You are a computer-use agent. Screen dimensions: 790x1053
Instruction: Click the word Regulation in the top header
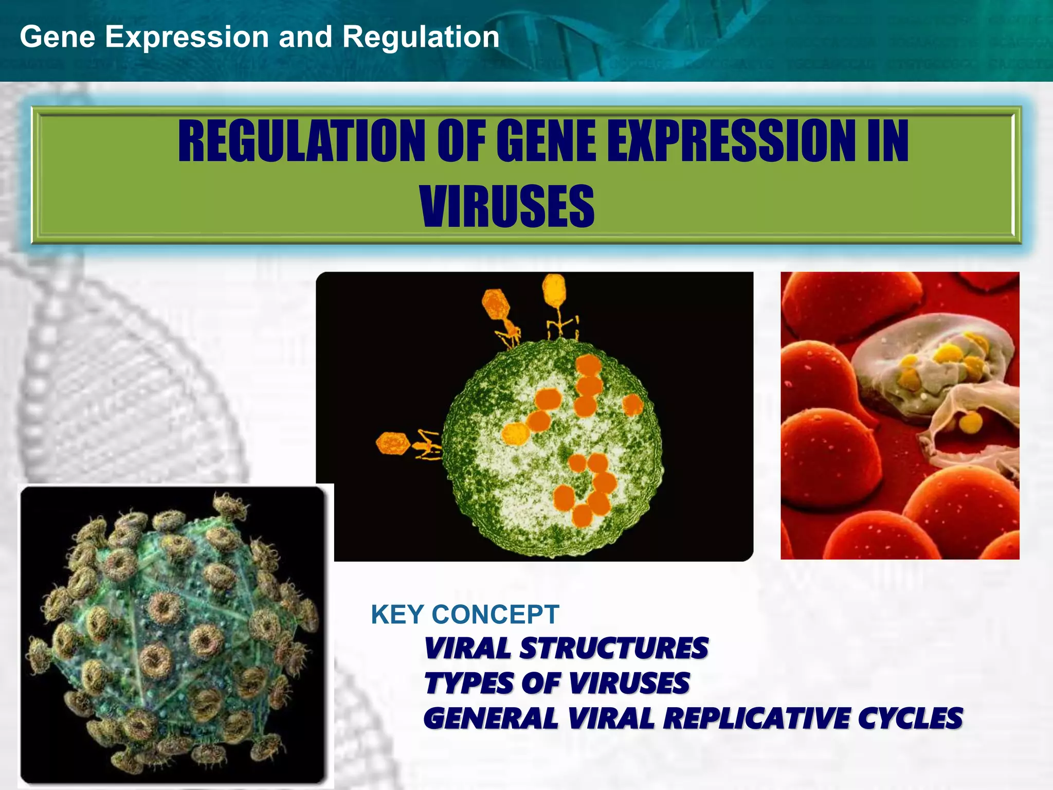421,37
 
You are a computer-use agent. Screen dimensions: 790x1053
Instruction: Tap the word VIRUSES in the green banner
507,207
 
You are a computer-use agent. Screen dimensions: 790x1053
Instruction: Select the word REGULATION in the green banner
301,141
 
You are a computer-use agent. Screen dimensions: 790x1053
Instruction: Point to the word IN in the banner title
887,141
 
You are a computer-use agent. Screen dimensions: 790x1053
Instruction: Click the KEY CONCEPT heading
465,615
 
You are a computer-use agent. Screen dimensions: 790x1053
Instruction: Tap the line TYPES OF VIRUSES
557,684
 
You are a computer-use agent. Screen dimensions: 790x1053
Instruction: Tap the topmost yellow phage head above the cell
554,288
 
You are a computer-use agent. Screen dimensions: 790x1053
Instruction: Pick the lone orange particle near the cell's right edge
632,405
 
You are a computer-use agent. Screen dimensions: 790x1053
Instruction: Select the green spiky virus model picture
172,635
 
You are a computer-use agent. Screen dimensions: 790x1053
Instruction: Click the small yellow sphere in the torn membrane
970,423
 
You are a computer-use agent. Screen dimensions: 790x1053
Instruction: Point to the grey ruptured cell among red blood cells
931,370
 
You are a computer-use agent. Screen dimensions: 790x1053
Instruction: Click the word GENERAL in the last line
491,719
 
